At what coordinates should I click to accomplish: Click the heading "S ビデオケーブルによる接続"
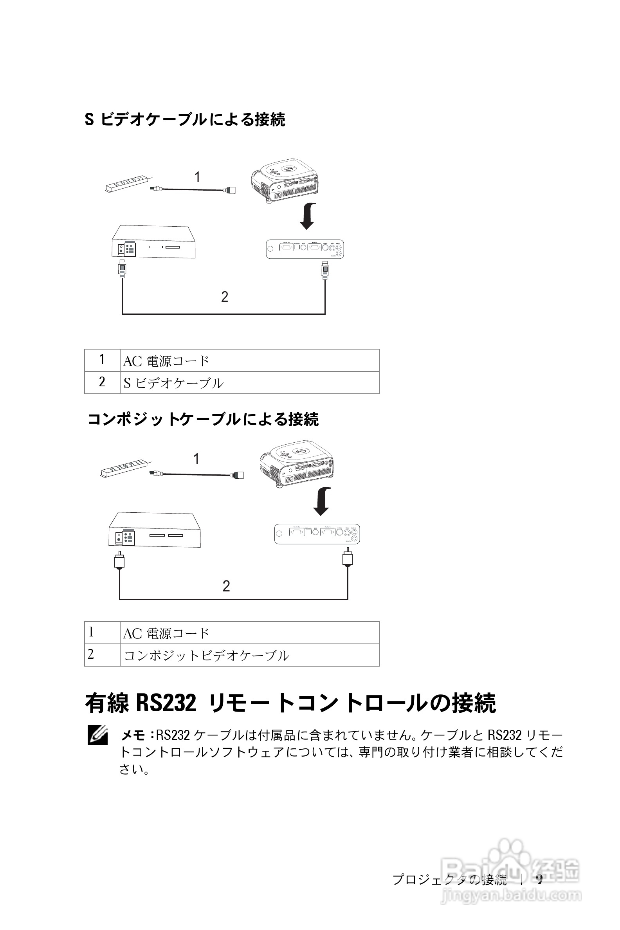pyautogui.click(x=185, y=119)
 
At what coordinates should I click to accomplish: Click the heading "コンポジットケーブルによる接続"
pyautogui.click(x=203, y=419)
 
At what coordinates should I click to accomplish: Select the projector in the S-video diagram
pyautogui.click(x=285, y=180)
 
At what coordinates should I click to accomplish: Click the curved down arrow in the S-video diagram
pyautogui.click(x=308, y=216)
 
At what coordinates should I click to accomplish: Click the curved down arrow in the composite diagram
pyautogui.click(x=322, y=501)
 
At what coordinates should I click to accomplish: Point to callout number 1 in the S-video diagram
pyautogui.click(x=197, y=177)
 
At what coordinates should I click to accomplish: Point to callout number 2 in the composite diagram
pyautogui.click(x=226, y=586)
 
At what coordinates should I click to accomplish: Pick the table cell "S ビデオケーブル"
pyautogui.click(x=249, y=383)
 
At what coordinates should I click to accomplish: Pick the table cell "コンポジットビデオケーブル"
pyautogui.click(x=249, y=655)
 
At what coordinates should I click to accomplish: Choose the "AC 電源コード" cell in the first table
pyautogui.click(x=249, y=360)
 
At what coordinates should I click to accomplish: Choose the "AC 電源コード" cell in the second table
pyautogui.click(x=249, y=633)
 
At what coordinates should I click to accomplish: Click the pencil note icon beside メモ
pyautogui.click(x=98, y=735)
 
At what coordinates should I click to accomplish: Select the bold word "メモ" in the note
pyautogui.click(x=133, y=735)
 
